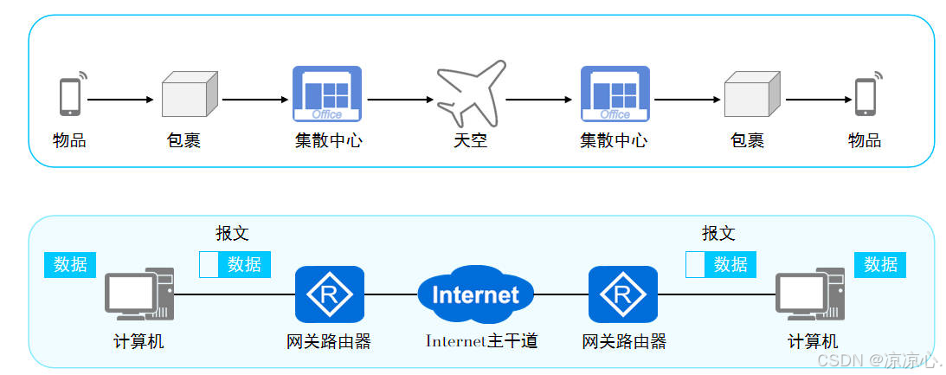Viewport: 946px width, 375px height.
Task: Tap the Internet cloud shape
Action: coord(475,294)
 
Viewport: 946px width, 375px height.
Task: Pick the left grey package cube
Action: coord(189,94)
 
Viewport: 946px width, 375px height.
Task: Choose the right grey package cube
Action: coord(751,94)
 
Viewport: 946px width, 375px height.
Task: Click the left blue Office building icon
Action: coord(326,94)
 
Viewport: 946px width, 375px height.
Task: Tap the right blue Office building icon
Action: coord(615,94)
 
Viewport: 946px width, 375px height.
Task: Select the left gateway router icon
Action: coord(329,294)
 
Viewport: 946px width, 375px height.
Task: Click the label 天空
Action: coord(471,140)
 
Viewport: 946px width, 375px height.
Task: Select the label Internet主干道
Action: coord(481,341)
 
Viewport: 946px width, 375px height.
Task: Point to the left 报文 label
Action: coord(232,233)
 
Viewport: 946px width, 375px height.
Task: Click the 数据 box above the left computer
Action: coord(70,264)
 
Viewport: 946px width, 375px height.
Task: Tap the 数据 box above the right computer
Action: coord(880,264)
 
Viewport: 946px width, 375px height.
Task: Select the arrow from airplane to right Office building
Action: coord(538,100)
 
